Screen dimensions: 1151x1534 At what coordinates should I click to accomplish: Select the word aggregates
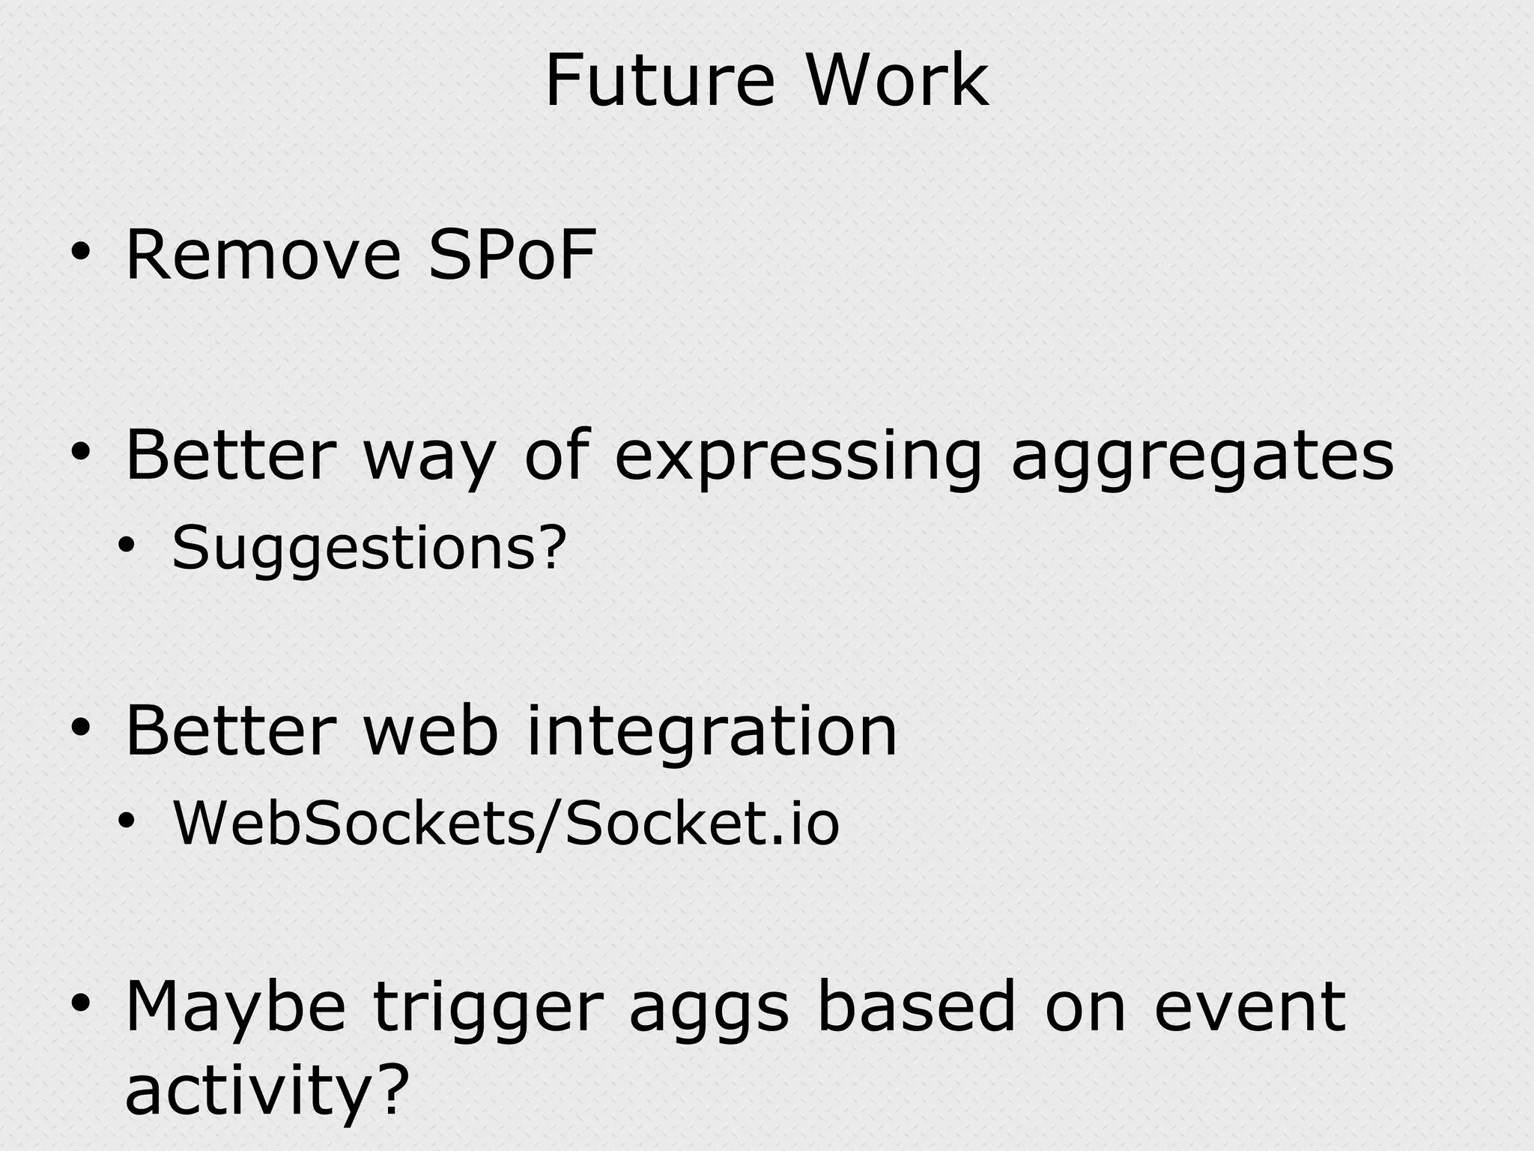pyautogui.click(x=1202, y=457)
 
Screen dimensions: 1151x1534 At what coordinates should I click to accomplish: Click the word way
pyautogui.click(x=429, y=457)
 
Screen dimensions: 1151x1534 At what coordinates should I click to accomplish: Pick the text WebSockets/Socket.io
pyautogui.click(x=506, y=824)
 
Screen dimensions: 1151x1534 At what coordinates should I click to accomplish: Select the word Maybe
pyautogui.click(x=234, y=1008)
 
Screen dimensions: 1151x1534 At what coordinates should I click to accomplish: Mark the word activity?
pyautogui.click(x=267, y=1090)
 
